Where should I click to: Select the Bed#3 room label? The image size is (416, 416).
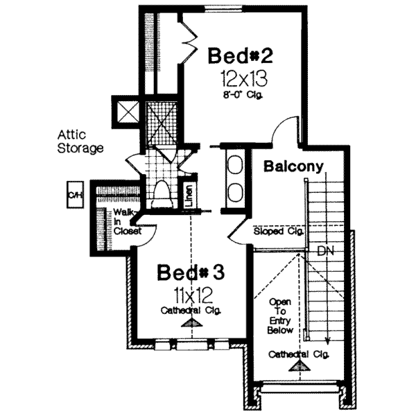coord(190,272)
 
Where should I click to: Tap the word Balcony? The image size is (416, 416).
coord(294,166)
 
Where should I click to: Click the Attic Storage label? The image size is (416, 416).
coord(80,141)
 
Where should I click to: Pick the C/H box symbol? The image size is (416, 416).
coord(75,195)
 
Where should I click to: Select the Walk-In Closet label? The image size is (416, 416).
coord(128,222)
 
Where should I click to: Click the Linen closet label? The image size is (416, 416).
coord(189,196)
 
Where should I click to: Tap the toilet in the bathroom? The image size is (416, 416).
coord(161,193)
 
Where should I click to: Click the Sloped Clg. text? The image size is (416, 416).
coord(278,231)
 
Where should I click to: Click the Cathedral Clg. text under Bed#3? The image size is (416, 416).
coord(191,310)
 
